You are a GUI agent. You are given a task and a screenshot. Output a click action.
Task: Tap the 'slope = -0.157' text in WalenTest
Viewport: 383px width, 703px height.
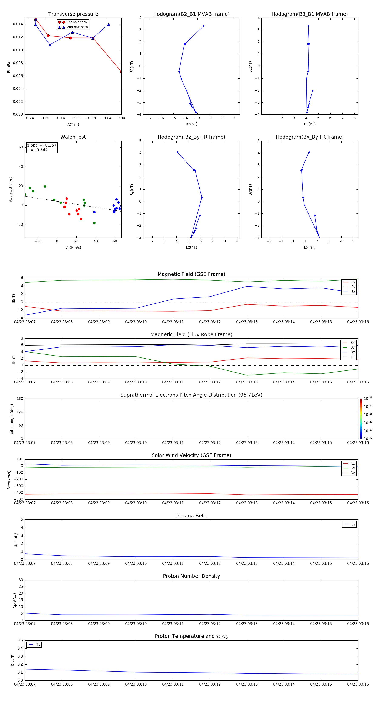(x=42, y=145)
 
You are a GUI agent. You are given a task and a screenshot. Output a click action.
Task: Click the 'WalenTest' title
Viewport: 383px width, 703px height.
(x=73, y=137)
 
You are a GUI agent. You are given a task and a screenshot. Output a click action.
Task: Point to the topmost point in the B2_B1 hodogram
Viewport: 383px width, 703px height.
(x=204, y=26)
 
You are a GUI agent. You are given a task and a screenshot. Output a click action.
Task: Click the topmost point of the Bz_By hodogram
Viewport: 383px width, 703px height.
(x=177, y=152)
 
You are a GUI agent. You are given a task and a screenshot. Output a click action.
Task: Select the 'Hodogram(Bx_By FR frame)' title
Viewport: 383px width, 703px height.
(x=309, y=137)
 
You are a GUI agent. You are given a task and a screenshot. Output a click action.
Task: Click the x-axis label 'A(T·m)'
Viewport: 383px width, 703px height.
(x=73, y=125)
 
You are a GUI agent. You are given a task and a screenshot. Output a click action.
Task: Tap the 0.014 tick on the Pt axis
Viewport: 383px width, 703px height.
(x=18, y=24)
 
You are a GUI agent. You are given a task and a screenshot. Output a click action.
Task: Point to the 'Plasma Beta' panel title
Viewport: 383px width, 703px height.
(x=191, y=516)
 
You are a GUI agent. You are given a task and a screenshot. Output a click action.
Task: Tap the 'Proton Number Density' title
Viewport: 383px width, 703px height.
(x=191, y=576)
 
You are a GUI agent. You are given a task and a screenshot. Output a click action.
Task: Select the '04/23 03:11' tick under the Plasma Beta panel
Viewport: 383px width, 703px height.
(x=173, y=563)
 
